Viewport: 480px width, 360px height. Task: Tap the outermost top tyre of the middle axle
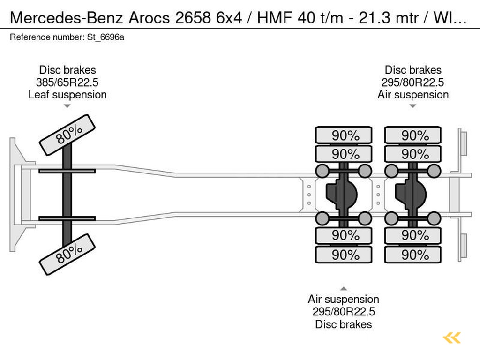[x=344, y=135]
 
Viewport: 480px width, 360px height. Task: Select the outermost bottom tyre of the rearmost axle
[x=412, y=255]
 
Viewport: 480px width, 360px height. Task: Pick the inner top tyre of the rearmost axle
[x=412, y=154]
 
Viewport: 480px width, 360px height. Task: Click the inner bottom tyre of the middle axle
[x=344, y=235]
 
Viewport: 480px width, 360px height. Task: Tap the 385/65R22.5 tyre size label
[x=67, y=82]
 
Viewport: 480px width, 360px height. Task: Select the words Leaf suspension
[x=67, y=95]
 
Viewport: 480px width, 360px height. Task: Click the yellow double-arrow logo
[x=452, y=337]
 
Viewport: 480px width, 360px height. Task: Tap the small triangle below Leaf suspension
[x=67, y=106]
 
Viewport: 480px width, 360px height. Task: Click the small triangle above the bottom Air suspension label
[x=344, y=289]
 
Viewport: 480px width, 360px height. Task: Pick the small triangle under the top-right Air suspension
[x=412, y=106]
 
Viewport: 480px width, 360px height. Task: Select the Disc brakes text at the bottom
[x=344, y=324]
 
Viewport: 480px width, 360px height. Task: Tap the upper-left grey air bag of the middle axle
[x=322, y=171]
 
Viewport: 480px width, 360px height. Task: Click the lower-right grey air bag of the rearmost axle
[x=434, y=218]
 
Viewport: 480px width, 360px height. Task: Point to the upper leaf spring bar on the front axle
[x=67, y=171]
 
